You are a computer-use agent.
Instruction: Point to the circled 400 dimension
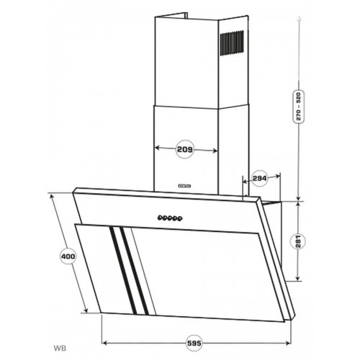click(66, 256)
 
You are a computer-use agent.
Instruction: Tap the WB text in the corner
click(57, 348)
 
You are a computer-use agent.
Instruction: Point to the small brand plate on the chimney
click(183, 184)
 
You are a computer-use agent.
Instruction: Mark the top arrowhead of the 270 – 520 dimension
click(299, 19)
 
